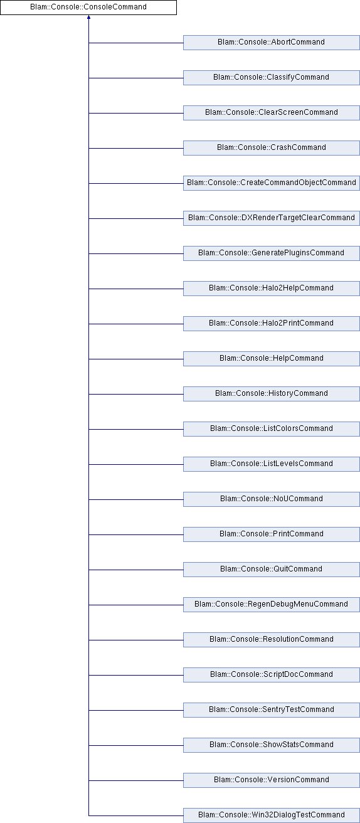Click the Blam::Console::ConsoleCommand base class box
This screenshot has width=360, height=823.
click(x=88, y=8)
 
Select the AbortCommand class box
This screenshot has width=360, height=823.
click(x=272, y=43)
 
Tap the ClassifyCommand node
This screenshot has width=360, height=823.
click(x=272, y=78)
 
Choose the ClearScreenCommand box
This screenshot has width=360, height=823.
click(x=272, y=113)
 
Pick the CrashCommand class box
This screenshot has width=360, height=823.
click(x=272, y=148)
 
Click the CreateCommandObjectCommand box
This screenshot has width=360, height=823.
click(x=272, y=183)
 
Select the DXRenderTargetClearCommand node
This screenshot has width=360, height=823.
click(x=272, y=218)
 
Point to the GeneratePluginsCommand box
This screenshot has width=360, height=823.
click(x=272, y=253)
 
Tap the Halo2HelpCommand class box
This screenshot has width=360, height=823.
click(x=272, y=289)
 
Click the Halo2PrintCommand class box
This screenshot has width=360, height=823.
click(x=272, y=324)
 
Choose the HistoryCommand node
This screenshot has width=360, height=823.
click(x=272, y=394)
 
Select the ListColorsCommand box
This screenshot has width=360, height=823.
click(x=272, y=429)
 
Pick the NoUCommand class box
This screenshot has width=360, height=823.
click(x=272, y=499)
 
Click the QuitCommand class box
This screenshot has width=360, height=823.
click(x=272, y=570)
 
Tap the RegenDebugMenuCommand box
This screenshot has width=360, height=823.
click(x=272, y=605)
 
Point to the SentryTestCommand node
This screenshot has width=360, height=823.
click(x=272, y=710)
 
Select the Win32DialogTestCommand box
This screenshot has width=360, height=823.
click(x=272, y=815)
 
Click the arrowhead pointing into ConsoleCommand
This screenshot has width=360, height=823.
click(x=88, y=17)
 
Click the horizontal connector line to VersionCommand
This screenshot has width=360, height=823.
click(x=136, y=780)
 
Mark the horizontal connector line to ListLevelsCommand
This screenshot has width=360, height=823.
click(x=136, y=464)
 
